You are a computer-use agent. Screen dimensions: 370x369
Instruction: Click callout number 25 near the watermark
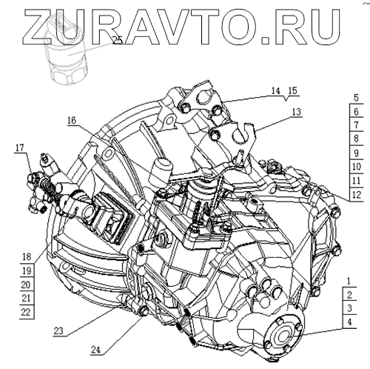(x=118, y=40)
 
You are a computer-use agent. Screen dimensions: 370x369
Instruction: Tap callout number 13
(x=297, y=112)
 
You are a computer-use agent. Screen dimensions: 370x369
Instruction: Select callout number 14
(x=275, y=91)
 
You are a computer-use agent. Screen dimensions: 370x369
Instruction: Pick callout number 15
(x=292, y=90)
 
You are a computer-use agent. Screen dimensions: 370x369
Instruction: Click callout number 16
(x=72, y=120)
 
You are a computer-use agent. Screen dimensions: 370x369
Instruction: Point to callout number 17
(x=20, y=147)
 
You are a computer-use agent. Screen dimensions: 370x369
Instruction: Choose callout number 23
(x=58, y=330)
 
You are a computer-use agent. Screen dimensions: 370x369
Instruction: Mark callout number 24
(x=95, y=350)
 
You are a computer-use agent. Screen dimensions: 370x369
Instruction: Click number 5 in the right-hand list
(x=356, y=98)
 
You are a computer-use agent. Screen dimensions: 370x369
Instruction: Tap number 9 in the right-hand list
(x=356, y=153)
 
